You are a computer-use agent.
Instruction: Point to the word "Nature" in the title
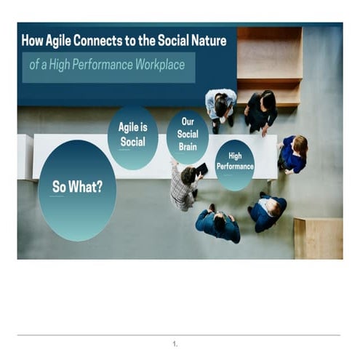click(x=207, y=41)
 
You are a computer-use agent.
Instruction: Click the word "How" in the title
click(x=33, y=41)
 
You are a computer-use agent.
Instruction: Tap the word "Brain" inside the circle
click(x=188, y=145)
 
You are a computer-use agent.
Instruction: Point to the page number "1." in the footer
click(x=175, y=343)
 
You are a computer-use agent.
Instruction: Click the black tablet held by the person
click(x=201, y=169)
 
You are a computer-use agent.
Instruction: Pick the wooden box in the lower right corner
click(x=318, y=238)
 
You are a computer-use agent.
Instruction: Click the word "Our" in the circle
click(x=188, y=124)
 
